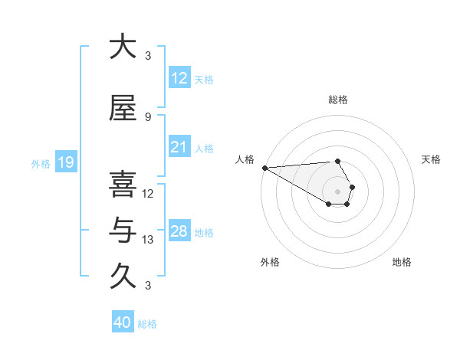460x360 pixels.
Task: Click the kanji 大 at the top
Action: coord(123,47)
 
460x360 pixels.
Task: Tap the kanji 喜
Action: coord(123,185)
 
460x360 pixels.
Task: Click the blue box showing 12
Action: coord(179,79)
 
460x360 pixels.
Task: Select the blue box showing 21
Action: coord(179,147)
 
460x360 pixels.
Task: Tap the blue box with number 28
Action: coord(179,231)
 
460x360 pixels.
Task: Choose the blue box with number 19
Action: coord(66,162)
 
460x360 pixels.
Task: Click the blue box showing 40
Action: coord(123,322)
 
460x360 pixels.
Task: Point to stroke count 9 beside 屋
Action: coord(148,116)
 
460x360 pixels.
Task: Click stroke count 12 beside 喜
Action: coord(148,193)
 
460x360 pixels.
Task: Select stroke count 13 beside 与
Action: coord(148,240)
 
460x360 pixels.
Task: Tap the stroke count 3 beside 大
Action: coord(148,56)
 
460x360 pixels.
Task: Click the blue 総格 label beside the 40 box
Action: coord(147,324)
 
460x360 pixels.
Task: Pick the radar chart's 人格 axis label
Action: coord(245,159)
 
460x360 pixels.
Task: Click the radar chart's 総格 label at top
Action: coord(337,100)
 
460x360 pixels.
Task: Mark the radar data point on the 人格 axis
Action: coord(264,168)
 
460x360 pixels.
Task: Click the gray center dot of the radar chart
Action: coord(337,191)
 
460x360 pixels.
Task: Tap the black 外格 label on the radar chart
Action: coord(270,262)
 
